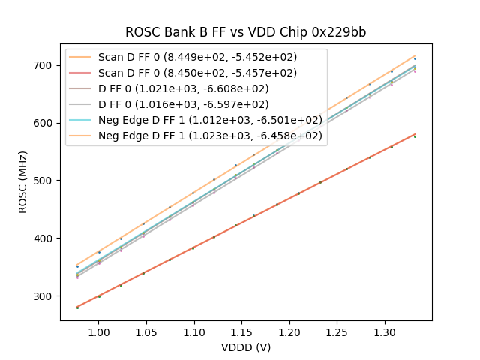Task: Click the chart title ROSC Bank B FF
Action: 245,32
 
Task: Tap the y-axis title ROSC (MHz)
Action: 24,182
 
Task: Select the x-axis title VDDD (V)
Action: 246,347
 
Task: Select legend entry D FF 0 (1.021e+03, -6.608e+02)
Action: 183,88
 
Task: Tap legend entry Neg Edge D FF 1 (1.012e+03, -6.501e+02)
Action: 210,120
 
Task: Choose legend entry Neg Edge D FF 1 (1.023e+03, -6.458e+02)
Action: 210,136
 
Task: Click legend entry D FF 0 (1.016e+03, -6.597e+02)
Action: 183,104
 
